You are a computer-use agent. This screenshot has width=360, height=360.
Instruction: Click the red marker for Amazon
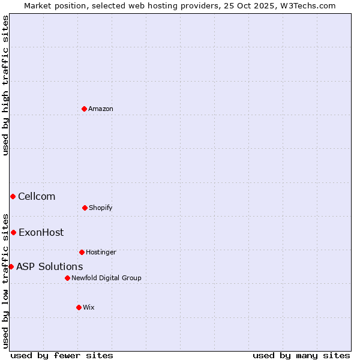[x=84, y=109]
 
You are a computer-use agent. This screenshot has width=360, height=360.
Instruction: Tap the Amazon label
[x=100, y=109]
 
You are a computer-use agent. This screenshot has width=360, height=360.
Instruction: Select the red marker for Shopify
[x=85, y=208]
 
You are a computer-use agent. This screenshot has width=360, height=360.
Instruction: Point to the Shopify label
[x=100, y=208]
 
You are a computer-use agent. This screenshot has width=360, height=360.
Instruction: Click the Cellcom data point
[x=13, y=196]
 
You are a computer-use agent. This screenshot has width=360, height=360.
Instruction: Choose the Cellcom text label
[x=37, y=197]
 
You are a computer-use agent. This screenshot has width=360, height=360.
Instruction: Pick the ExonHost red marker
[x=13, y=232]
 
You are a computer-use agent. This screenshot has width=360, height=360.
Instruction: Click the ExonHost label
[x=41, y=233]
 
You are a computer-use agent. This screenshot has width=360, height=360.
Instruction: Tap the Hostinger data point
[x=82, y=252]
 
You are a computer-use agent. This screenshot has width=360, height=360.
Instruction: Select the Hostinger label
[x=101, y=253]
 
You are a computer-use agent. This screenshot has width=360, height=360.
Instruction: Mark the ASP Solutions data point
[x=11, y=266]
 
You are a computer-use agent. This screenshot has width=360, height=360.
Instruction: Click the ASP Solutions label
[x=49, y=267]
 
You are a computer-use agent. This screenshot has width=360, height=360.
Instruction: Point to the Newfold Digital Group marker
[x=67, y=278]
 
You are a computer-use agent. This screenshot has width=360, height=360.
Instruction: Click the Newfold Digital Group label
[x=106, y=278]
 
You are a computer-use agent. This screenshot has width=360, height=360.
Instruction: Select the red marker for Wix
[x=79, y=307]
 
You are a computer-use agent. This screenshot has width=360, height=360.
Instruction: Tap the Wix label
[x=88, y=308]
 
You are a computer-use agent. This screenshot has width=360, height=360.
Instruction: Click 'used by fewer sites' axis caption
[x=62, y=356]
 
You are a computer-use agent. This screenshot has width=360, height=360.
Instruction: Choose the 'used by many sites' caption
[x=301, y=356]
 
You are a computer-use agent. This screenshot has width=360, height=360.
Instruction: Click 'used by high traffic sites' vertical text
[x=5, y=85]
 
